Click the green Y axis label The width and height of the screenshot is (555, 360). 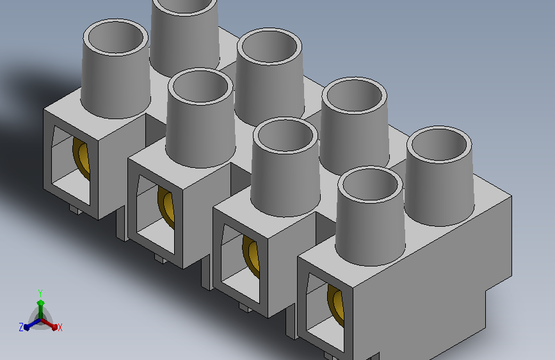click(x=40, y=293)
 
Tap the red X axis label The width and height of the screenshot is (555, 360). click(x=60, y=327)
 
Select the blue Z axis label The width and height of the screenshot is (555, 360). click(x=21, y=327)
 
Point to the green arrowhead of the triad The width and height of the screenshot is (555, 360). click(x=41, y=303)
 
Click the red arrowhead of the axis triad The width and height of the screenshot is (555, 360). click(x=54, y=327)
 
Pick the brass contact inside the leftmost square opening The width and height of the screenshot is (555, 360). click(x=81, y=156)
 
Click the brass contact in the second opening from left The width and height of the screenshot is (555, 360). click(x=166, y=206)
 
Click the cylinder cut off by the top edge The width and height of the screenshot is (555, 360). click(x=184, y=35)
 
